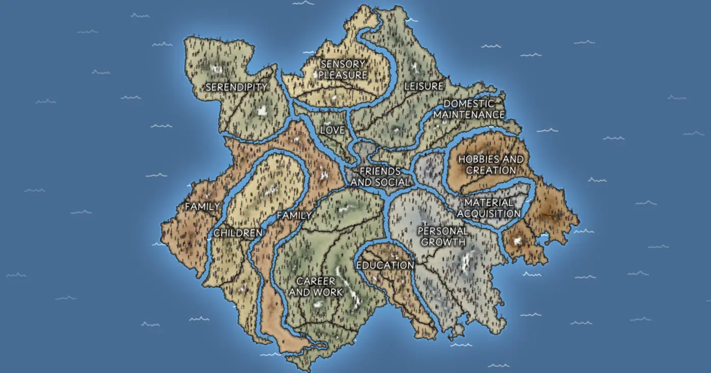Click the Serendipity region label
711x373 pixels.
[236, 87]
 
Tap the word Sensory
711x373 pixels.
[343, 64]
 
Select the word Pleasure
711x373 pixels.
[343, 75]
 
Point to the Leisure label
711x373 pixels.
[424, 86]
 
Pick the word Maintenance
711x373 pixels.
[469, 115]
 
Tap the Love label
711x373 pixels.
[333, 130]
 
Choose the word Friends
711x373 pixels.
[380, 172]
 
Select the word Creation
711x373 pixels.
[491, 170]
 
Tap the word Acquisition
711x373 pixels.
[489, 214]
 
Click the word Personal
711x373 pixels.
[443, 231]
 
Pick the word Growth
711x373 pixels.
[443, 242]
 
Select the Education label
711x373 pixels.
[385, 265]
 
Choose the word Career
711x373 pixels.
[316, 282]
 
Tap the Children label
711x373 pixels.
[238, 233]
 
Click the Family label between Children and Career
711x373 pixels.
[294, 216]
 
